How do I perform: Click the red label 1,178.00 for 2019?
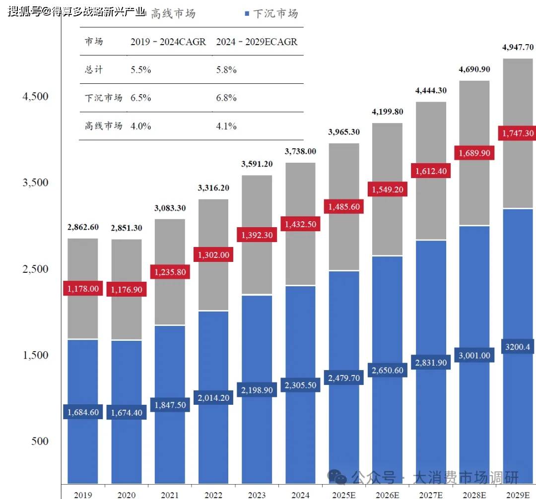tap(83, 289)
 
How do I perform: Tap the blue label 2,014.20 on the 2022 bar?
tap(213, 397)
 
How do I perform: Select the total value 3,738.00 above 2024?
tap(300, 151)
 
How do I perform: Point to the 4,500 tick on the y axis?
tap(36, 96)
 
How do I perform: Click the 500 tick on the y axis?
tap(40, 441)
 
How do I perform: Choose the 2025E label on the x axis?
tap(344, 495)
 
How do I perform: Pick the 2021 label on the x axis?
tap(170, 495)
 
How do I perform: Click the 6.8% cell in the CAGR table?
tap(226, 98)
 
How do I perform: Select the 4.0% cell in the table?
tap(141, 126)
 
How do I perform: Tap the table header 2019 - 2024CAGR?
tap(168, 42)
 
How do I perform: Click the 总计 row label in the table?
tap(94, 69)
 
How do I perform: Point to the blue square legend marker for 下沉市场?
tap(247, 14)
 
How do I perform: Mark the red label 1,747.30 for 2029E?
tap(518, 133)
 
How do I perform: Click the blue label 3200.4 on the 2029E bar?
tap(518, 347)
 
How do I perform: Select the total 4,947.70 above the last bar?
tap(518, 47)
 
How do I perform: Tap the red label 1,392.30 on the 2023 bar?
tap(257, 235)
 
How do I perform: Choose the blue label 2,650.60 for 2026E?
tap(387, 370)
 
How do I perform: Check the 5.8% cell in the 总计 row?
tap(226, 69)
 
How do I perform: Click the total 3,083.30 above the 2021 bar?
tap(170, 208)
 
